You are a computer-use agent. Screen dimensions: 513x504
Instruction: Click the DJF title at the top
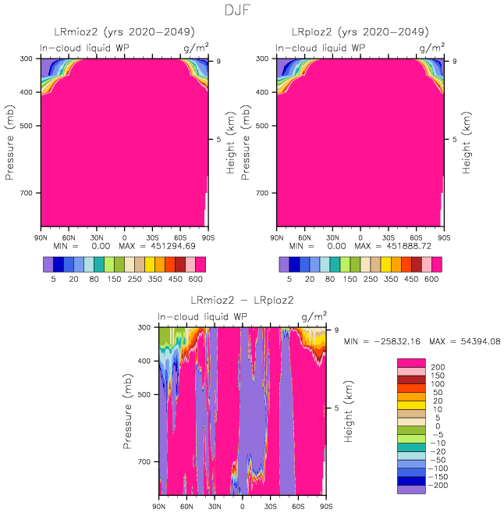[252, 11]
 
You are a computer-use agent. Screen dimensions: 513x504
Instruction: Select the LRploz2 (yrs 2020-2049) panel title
[360, 32]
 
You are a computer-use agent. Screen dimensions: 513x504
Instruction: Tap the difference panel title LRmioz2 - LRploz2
[242, 301]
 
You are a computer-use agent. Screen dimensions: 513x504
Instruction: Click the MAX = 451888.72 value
[399, 246]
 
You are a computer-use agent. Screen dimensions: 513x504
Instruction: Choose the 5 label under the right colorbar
[289, 278]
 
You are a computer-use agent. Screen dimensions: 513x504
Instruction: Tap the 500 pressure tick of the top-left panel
[30, 126]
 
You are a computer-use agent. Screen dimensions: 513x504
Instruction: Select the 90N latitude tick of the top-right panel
[277, 237]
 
